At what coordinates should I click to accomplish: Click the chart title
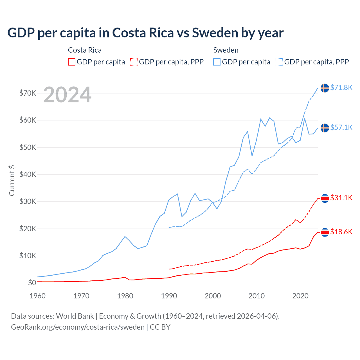145,33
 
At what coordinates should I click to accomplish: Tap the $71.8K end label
341,87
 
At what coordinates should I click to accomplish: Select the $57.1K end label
341,127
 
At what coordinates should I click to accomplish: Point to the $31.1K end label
341,198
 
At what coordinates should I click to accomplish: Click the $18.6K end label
341,232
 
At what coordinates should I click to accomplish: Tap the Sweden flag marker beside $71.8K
325,88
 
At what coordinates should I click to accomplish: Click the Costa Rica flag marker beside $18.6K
325,232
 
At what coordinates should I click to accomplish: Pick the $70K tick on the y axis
28,93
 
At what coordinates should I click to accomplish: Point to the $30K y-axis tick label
28,201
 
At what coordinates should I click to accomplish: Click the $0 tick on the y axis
32,283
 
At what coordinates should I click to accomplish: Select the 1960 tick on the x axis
37,296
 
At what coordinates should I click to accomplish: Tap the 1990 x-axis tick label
169,296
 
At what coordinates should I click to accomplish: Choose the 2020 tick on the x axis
300,296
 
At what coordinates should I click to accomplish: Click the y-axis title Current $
12,180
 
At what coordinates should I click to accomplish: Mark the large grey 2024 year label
67,95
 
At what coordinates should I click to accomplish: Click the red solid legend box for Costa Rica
72,62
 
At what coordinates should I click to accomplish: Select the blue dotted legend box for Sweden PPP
279,62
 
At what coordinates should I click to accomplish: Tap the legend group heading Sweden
226,50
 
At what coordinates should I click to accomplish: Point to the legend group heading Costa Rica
85,50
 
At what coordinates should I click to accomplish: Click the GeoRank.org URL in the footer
78,327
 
